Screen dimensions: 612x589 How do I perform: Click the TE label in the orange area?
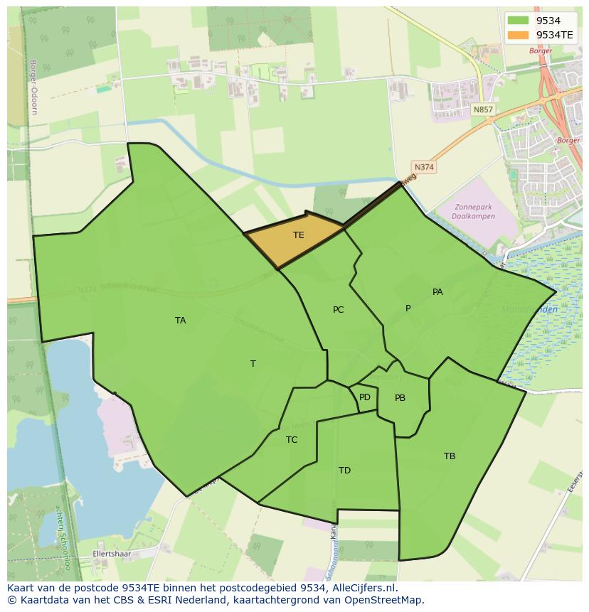point(299,235)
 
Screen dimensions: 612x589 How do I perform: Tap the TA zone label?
point(181,321)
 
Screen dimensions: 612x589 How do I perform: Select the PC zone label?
point(339,310)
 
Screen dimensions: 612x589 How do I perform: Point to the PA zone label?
point(437,292)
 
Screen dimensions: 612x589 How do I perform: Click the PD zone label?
point(365,397)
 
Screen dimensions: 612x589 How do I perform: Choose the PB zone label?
point(400,398)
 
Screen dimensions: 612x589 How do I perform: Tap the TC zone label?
point(292,440)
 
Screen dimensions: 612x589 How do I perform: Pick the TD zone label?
point(344,471)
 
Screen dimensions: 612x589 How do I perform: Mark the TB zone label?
point(450,456)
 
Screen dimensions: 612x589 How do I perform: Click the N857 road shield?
point(482,109)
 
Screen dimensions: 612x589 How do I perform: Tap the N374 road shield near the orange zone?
point(424,167)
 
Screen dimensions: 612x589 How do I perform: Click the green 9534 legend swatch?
point(519,21)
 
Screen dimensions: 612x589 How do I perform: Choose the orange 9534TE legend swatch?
point(519,34)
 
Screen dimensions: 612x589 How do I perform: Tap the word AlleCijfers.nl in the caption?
point(364,588)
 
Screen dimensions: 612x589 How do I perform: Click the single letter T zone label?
point(253,364)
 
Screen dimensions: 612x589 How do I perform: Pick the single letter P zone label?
point(408,308)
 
